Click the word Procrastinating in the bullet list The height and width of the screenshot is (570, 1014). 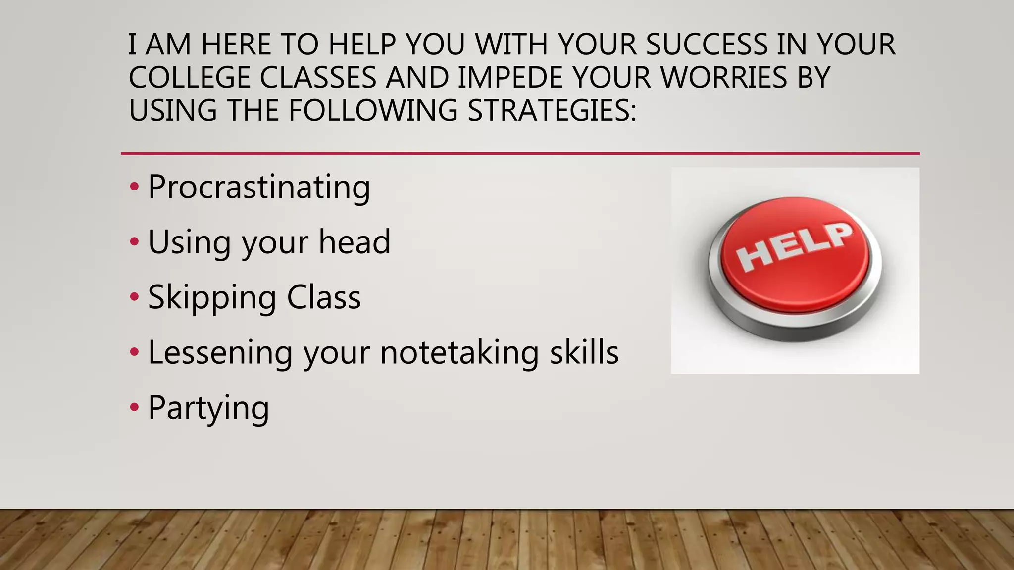[x=259, y=188]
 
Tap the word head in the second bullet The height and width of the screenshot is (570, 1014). [x=355, y=242]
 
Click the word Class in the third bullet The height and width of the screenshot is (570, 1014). [x=324, y=298]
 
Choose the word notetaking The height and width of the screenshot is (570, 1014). [x=459, y=353]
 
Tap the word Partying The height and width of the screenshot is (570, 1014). [x=208, y=408]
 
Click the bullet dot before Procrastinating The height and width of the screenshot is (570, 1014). [x=134, y=188]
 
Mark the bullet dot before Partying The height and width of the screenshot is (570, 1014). [x=134, y=408]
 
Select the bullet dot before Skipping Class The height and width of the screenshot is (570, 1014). [x=134, y=297]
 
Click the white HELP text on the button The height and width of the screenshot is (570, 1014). [x=795, y=247]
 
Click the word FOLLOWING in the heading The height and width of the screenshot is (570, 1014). [x=373, y=110]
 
